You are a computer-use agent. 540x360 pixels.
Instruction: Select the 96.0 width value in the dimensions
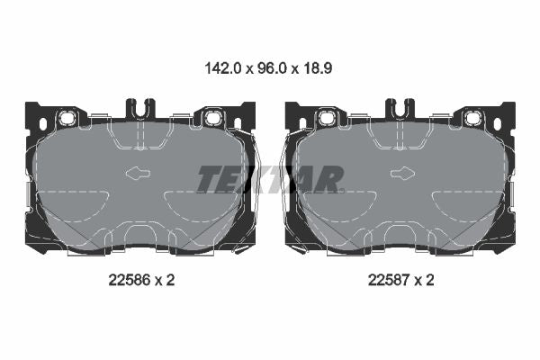point(272,68)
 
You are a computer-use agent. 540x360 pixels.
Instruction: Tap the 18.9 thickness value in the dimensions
point(318,68)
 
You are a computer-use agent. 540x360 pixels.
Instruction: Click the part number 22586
point(130,280)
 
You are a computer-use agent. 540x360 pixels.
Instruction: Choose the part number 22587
point(389,280)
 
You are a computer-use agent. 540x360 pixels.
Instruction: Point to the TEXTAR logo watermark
point(270,179)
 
